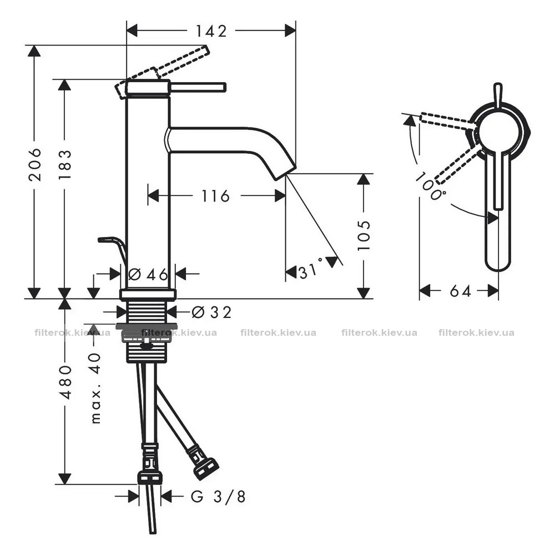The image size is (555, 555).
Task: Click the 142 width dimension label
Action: (211, 31)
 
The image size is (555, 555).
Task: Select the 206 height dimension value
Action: (34, 165)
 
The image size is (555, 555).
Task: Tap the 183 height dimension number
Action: (65, 165)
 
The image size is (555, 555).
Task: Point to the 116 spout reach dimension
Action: (215, 196)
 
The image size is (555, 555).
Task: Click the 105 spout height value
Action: (364, 235)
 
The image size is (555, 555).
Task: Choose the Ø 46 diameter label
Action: (148, 274)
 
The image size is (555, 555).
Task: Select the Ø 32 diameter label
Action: (211, 312)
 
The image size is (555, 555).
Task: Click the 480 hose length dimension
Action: (65, 382)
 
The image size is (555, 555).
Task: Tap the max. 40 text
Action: (95, 389)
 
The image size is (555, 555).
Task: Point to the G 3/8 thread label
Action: (218, 497)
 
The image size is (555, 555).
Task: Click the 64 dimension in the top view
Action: (460, 291)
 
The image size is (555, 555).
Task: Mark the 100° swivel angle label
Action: (430, 186)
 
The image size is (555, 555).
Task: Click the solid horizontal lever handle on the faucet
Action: (198, 88)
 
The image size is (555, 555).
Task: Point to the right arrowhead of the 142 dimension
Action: (290, 31)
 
